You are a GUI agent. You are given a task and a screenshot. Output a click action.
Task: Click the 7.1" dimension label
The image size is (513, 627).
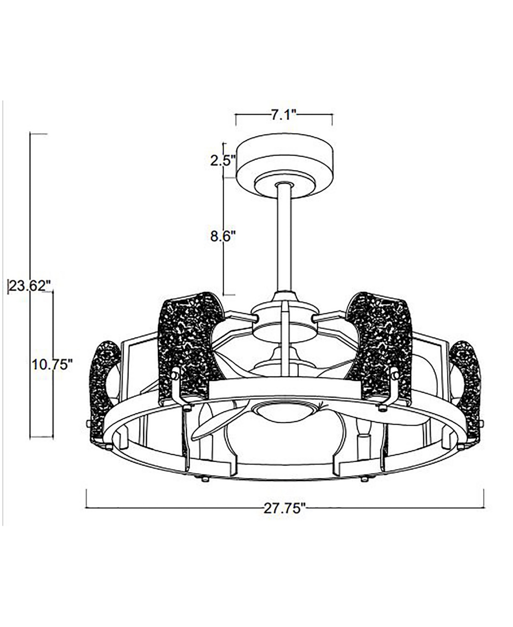[284, 115]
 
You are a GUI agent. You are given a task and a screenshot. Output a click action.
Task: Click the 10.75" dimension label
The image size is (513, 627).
[52, 365]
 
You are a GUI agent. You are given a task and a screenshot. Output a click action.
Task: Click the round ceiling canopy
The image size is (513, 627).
[285, 167]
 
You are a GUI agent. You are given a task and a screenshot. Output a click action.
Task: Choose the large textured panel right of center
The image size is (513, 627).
[379, 348]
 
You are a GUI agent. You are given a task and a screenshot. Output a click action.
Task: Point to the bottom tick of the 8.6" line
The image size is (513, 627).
[229, 295]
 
